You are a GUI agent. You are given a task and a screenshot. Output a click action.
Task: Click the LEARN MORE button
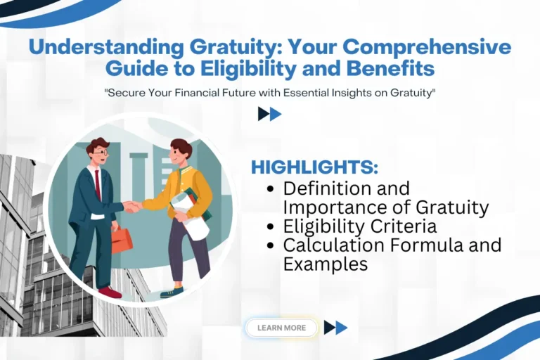(x=281, y=328)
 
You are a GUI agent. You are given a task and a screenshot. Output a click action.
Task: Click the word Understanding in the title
(x=103, y=49)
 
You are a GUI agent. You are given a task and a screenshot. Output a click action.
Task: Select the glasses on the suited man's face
(x=101, y=151)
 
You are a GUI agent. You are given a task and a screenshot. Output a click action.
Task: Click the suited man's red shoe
(x=109, y=291)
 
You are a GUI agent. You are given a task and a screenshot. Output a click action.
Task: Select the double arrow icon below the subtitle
(x=269, y=114)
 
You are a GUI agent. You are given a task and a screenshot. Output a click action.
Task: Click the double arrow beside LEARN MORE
(x=335, y=328)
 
